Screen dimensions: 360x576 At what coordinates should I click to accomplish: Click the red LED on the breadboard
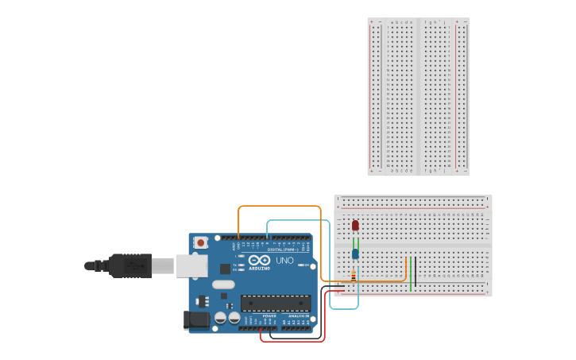point(355,225)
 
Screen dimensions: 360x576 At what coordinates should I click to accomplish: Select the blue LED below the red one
point(355,254)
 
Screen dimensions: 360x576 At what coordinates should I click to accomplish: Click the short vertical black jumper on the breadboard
point(415,273)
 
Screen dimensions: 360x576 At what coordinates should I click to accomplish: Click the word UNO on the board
point(284,261)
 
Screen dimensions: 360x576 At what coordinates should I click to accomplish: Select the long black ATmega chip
point(276,303)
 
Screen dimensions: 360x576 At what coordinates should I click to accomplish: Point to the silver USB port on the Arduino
point(191,265)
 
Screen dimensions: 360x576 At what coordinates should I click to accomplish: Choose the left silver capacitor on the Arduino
point(220,318)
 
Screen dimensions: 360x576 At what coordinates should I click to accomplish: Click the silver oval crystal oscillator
point(223,284)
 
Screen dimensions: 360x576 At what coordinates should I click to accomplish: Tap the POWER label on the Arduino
point(269,315)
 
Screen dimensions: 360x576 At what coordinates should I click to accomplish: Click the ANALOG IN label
point(298,315)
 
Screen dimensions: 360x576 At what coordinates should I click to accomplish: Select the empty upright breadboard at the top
point(418,96)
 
